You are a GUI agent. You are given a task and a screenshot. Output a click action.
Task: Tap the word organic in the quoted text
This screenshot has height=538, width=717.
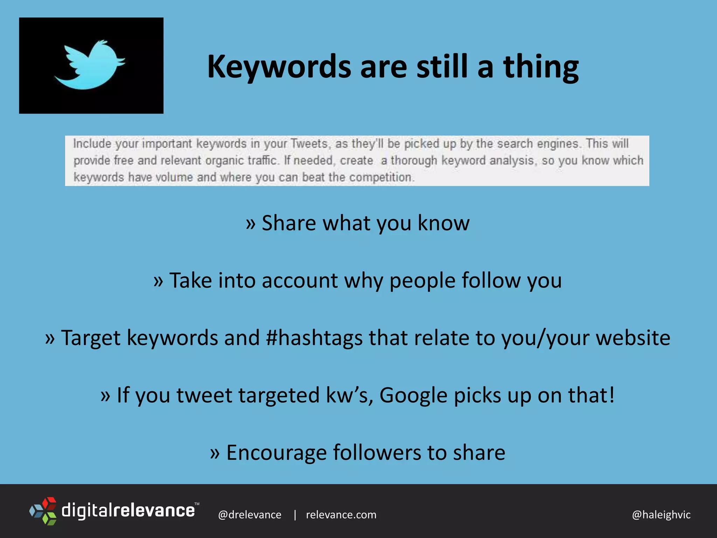coord(224,160)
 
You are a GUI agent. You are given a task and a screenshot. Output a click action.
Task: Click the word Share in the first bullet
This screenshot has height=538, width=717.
coord(289,223)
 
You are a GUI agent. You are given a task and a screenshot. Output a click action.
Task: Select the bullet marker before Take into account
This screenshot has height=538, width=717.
coord(158,281)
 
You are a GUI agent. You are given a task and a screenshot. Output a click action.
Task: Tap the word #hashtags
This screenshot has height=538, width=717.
coord(314,338)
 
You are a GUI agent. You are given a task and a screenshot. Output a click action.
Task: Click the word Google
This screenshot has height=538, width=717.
coord(413,395)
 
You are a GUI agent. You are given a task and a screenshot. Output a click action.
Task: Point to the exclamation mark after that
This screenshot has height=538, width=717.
coord(612,395)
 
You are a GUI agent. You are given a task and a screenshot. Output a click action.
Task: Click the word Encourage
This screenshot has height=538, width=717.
coord(276,453)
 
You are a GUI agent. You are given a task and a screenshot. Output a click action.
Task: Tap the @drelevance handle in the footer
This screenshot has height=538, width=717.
coord(250,515)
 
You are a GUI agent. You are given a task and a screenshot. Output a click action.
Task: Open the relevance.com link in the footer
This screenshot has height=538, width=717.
coord(341,515)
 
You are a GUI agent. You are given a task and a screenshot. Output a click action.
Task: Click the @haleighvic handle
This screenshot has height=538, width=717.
coord(661,515)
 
